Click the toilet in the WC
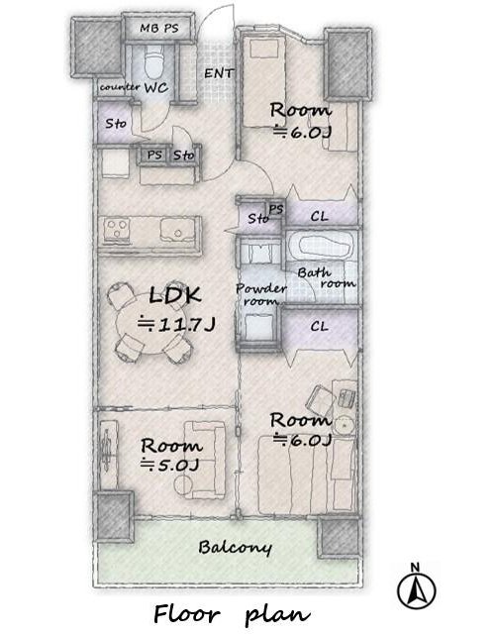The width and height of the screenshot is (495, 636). tap(154, 61)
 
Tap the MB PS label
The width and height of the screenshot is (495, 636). tap(159, 28)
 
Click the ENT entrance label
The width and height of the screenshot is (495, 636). tap(219, 73)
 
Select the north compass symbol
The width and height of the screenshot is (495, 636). tap(417, 586)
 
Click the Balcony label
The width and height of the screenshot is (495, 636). tap(235, 548)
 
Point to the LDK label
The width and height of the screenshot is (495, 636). tap(175, 295)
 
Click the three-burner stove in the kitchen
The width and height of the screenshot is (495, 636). tap(118, 230)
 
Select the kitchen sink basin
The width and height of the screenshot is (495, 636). tap(177, 231)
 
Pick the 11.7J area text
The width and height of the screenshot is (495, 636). tap(176, 325)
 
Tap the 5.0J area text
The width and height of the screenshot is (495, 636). tap(169, 465)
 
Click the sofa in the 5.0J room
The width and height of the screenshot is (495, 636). tap(205, 459)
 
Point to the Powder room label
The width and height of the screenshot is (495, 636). tap(260, 295)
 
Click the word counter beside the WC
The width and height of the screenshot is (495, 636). tap(120, 87)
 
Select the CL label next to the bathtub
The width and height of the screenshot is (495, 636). tap(319, 217)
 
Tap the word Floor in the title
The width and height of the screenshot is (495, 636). tap(187, 614)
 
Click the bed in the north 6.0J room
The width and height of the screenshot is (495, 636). tap(263, 83)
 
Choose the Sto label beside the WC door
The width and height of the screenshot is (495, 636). tap(116, 123)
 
